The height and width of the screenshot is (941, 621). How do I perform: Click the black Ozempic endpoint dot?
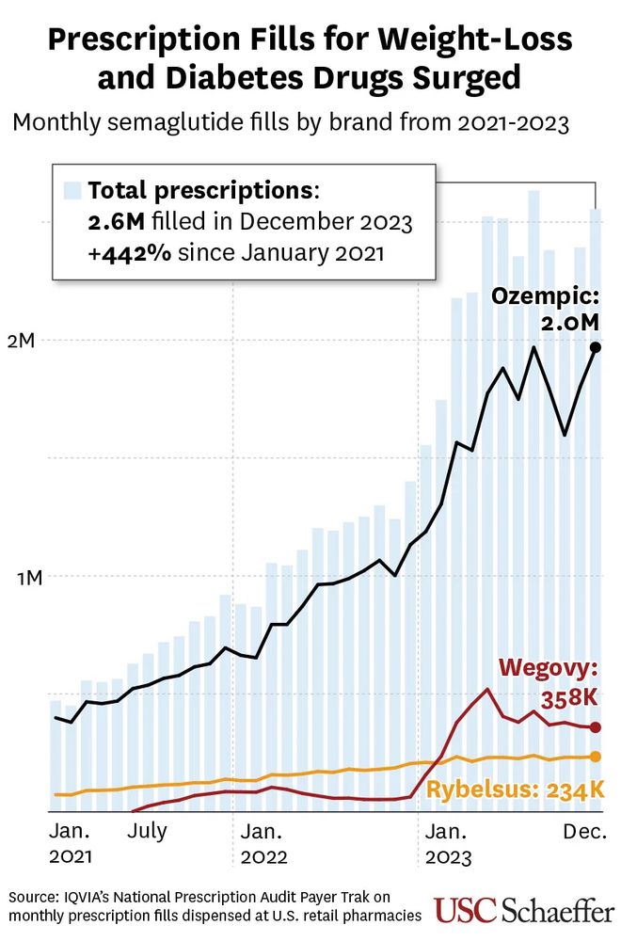[x=595, y=347]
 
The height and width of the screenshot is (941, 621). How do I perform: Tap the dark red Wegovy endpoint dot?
[x=595, y=726]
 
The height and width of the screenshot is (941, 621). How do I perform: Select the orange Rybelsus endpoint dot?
[x=595, y=757]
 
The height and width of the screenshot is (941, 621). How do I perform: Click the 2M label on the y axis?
[x=22, y=341]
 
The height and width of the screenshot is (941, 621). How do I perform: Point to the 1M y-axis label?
[x=22, y=577]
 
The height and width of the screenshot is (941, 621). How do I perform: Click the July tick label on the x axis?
[x=147, y=831]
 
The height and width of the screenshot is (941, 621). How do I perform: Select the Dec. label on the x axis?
[x=583, y=831]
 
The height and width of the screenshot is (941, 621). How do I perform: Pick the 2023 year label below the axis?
[x=449, y=857]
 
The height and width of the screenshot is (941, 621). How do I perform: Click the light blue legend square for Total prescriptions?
[x=72, y=191]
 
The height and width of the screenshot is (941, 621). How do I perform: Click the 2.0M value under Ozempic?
[x=570, y=323]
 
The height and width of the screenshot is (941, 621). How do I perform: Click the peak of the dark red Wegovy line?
[x=486, y=689]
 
